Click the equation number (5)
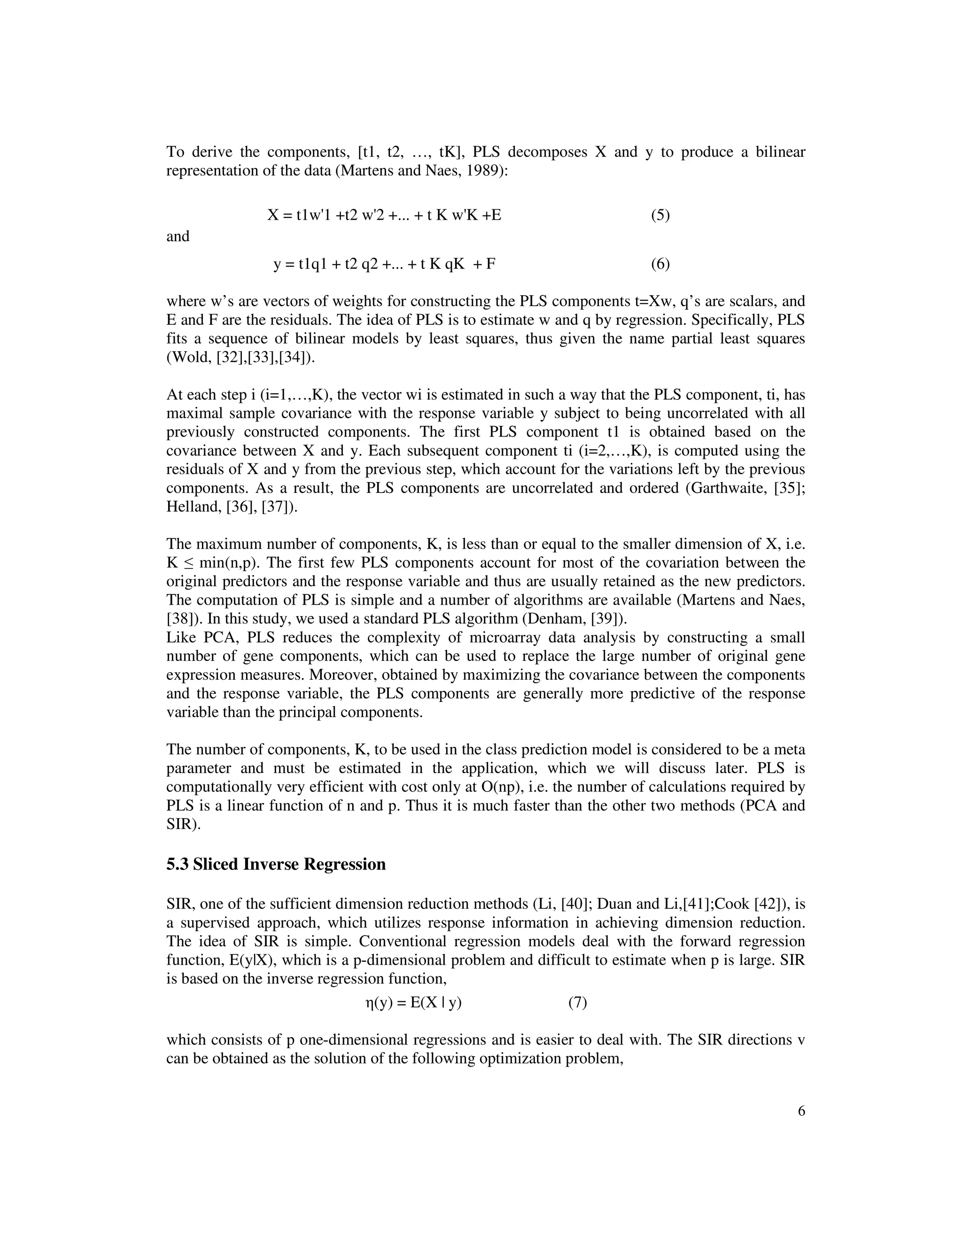[x=660, y=215]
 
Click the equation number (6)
[x=660, y=264]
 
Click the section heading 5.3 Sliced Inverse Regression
[x=276, y=864]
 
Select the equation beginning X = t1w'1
[x=384, y=215]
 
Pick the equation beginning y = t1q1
[x=384, y=264]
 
